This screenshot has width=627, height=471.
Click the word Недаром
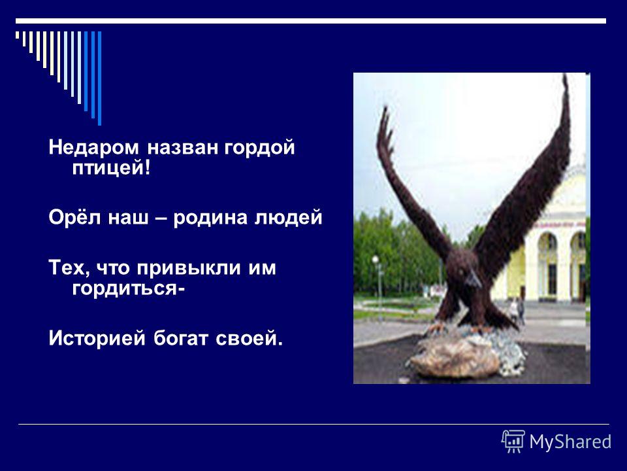pyautogui.click(x=93, y=147)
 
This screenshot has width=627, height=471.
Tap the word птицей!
pyautogui.click(x=112, y=167)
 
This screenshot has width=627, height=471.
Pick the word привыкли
pyautogui.click(x=189, y=268)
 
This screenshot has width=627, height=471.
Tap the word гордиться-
pyautogui.click(x=129, y=288)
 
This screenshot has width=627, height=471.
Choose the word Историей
pyautogui.click(x=97, y=338)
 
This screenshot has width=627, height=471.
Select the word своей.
pyautogui.click(x=249, y=339)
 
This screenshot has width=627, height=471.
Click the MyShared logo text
pyautogui.click(x=570, y=442)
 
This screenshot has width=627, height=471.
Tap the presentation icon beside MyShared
pyautogui.click(x=513, y=441)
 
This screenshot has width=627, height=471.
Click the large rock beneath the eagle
pyautogui.click(x=455, y=358)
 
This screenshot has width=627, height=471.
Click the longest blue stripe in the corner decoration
pyautogui.click(x=99, y=78)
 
